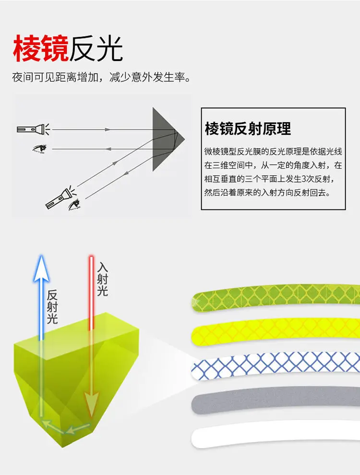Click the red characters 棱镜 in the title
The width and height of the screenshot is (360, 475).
point(41,49)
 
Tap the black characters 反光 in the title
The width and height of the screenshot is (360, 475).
point(96,49)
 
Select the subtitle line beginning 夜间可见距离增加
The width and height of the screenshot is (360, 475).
point(101,77)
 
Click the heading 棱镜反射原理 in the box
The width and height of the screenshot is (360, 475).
point(248,129)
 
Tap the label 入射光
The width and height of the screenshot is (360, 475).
point(102,279)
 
